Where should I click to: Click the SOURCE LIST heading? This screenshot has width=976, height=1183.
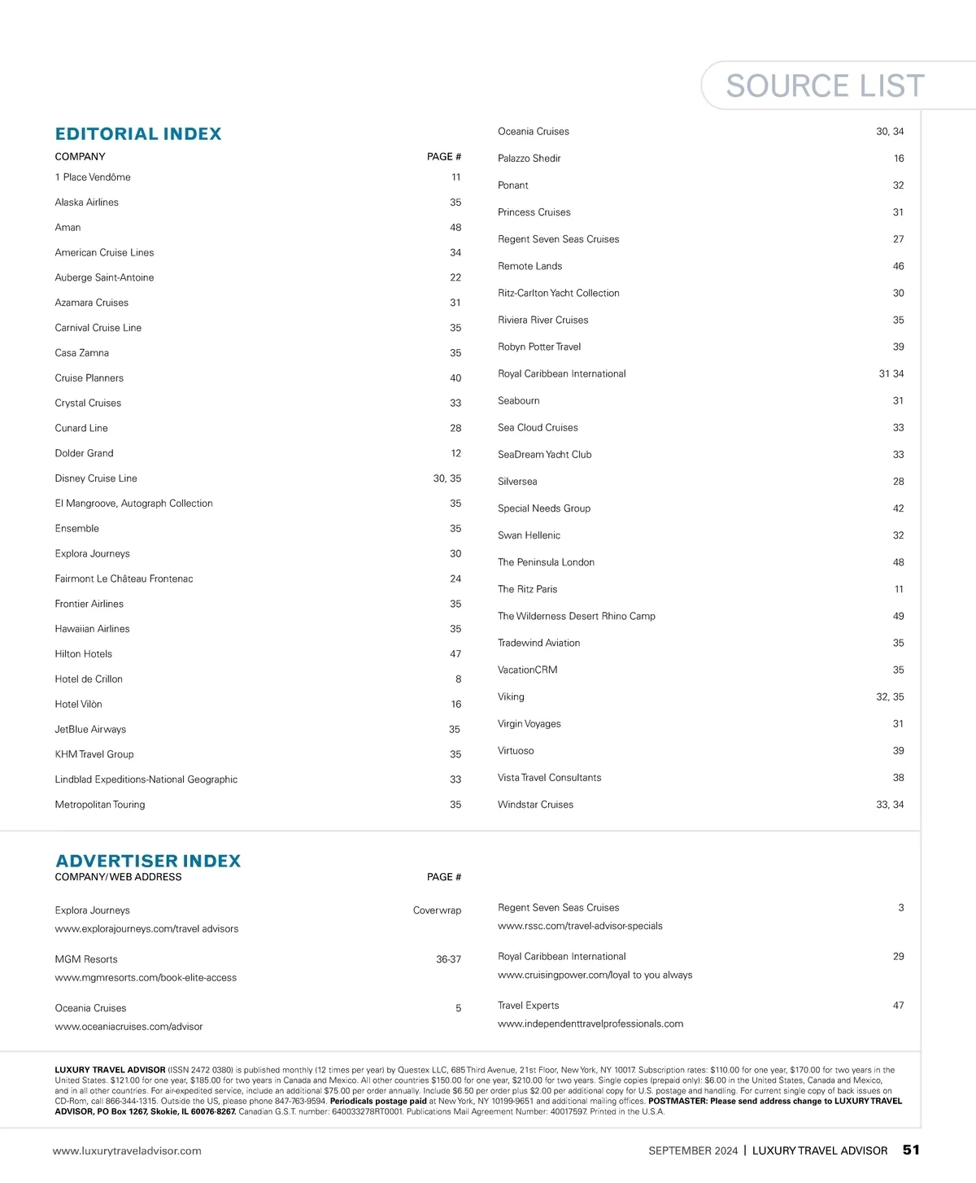825,85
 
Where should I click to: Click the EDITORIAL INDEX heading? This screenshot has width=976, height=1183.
138,133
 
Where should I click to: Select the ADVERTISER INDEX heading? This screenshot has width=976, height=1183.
148,861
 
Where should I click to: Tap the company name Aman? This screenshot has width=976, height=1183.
68,228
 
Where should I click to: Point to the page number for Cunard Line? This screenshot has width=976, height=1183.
455,428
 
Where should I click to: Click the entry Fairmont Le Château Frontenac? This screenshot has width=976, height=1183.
124,579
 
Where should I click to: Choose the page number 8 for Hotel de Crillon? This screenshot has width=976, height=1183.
458,679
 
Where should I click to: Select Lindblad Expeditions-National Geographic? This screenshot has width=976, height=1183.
146,779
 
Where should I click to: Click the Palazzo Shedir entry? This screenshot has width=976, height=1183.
529,159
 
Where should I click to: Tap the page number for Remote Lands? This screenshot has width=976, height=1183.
898,266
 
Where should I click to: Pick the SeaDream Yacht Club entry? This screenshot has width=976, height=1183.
544,455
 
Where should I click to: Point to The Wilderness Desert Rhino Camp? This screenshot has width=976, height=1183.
576,616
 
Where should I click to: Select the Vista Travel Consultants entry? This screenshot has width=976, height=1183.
549,778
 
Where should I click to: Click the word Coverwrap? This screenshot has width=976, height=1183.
437,910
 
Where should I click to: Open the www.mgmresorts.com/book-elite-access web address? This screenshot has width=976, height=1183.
146,978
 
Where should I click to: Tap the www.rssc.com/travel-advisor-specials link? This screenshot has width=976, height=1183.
580,926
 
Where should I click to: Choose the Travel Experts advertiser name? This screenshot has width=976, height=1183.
528,1006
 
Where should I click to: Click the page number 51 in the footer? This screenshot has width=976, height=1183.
911,1150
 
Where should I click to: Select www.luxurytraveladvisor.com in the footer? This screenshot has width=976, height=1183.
127,1151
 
